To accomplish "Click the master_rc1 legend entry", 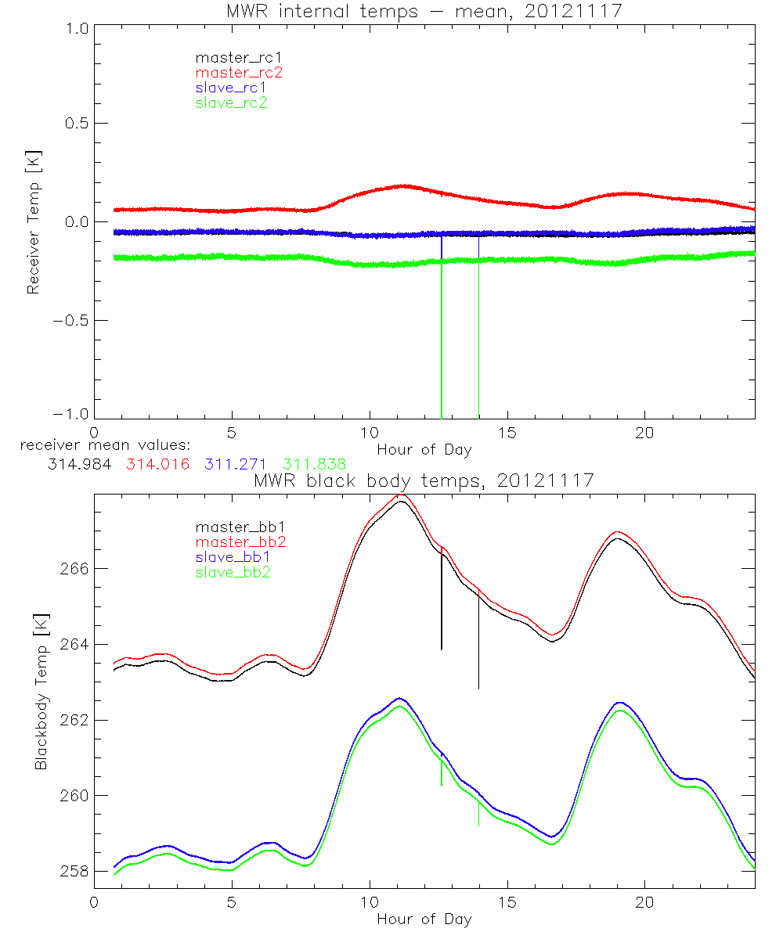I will pyautogui.click(x=231, y=58).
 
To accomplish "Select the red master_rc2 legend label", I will pyautogui.click(x=231, y=73).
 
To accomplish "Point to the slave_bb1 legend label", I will pyautogui.click(x=230, y=557).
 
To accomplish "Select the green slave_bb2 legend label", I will pyautogui.click(x=230, y=572).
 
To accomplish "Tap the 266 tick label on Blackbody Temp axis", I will pyautogui.click(x=75, y=568).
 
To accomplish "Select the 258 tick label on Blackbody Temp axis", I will pyautogui.click(x=75, y=872).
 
